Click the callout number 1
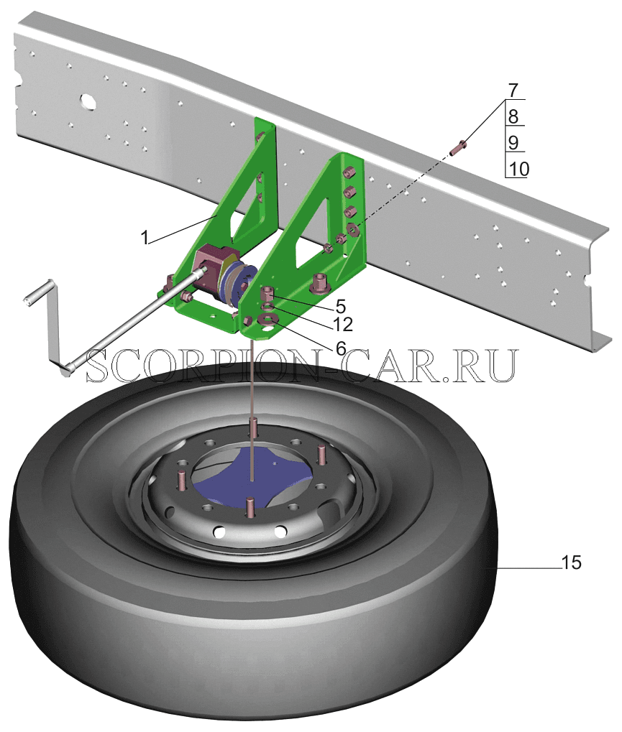[145, 238]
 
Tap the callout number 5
[340, 307]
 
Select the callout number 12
[342, 324]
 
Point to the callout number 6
[341, 348]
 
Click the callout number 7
[513, 90]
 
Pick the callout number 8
[513, 116]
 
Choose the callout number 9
[513, 142]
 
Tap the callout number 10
[518, 169]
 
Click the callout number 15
[572, 562]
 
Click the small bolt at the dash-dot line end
[457, 147]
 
